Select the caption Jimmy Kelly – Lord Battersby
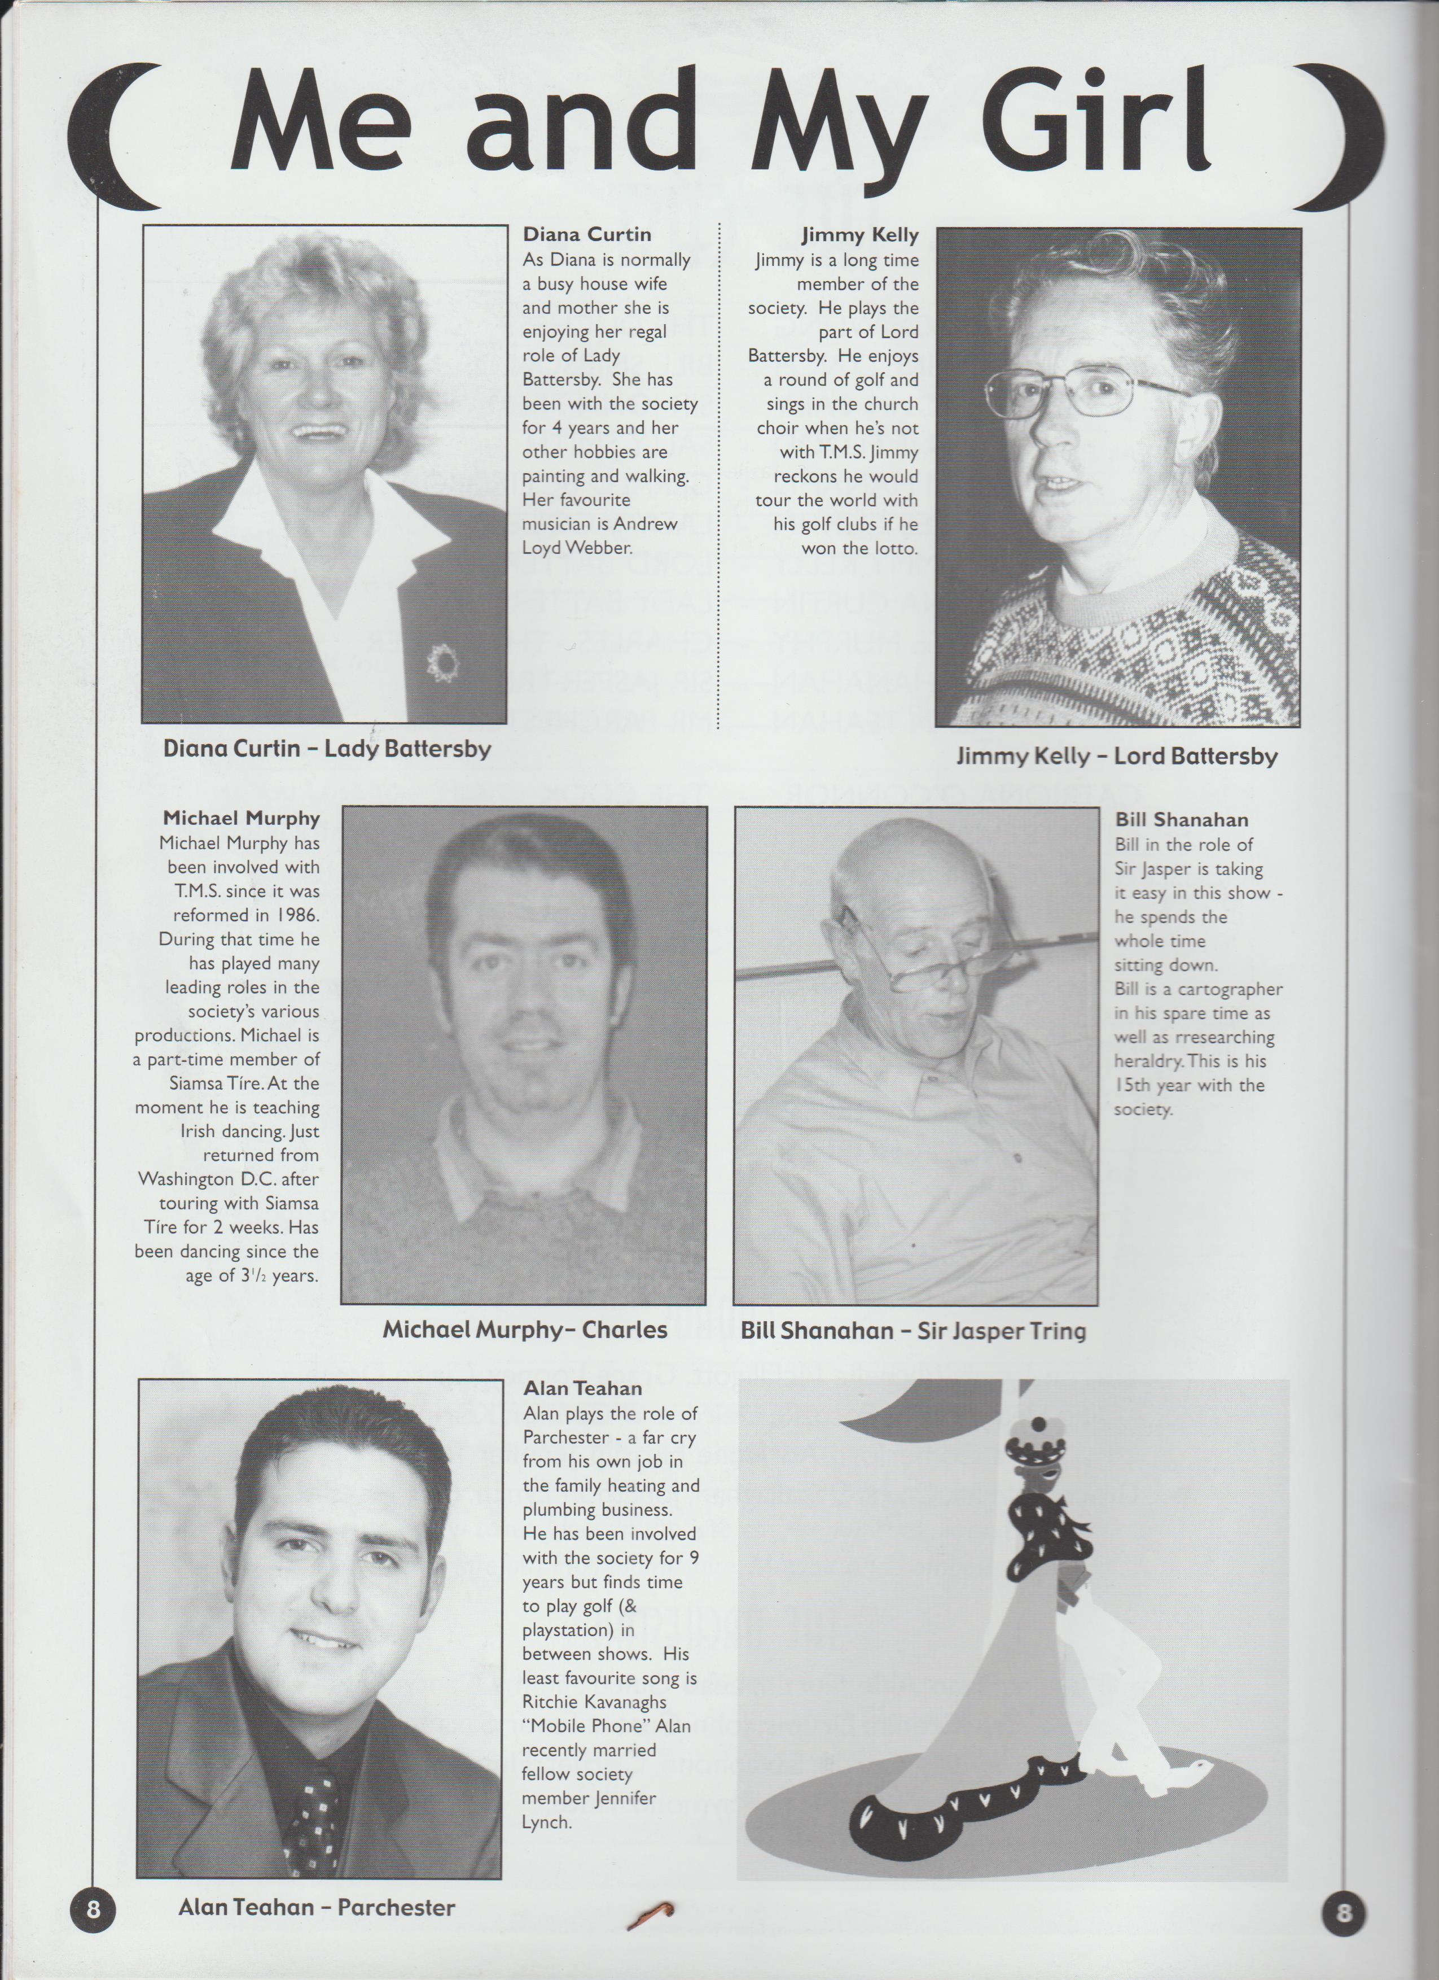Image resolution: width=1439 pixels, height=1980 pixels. click(x=1116, y=755)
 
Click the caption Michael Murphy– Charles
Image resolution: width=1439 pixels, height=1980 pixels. click(x=524, y=1330)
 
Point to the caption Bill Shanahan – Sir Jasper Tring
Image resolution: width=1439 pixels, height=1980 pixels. click(x=913, y=1331)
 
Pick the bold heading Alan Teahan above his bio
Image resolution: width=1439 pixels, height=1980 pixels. click(x=582, y=1388)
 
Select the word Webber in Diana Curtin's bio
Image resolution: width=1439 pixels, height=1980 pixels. click(x=610, y=548)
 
